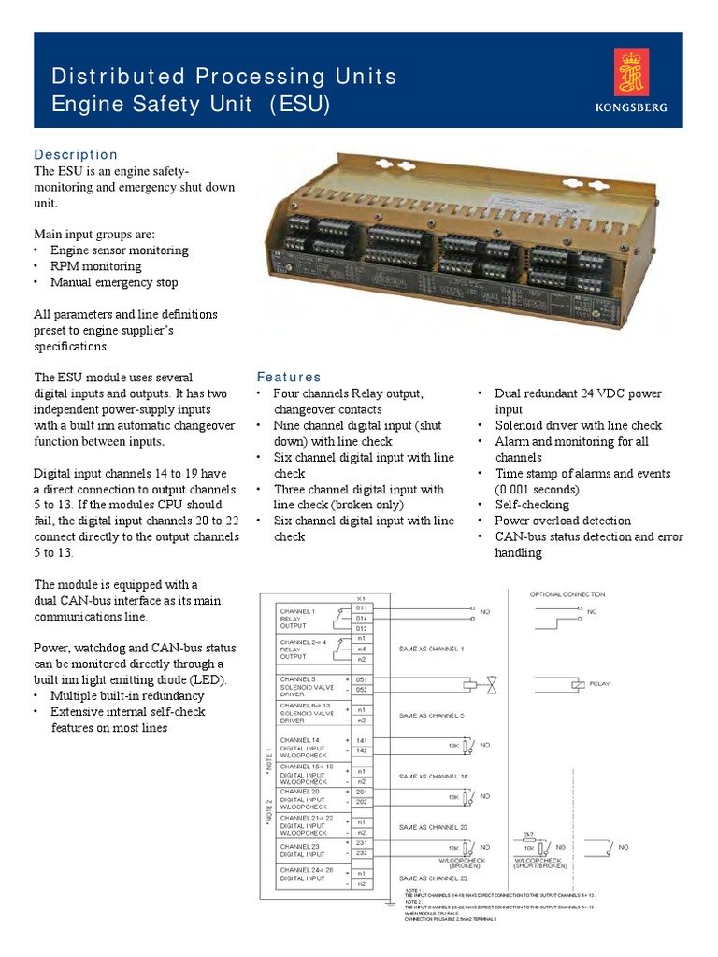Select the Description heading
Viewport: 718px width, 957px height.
click(76, 154)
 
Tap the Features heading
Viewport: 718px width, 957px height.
click(289, 377)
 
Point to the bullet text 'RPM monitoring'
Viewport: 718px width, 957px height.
click(95, 266)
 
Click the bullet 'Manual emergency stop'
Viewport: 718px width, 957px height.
click(114, 282)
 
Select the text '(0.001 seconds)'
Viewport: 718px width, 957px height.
click(538, 489)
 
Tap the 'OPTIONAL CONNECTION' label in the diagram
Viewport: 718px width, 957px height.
click(567, 594)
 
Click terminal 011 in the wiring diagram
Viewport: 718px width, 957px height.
click(361, 607)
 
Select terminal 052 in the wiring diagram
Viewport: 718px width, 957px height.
click(361, 690)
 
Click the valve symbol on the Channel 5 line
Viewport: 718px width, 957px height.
click(492, 683)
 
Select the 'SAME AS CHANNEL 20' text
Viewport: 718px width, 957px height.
click(433, 827)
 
